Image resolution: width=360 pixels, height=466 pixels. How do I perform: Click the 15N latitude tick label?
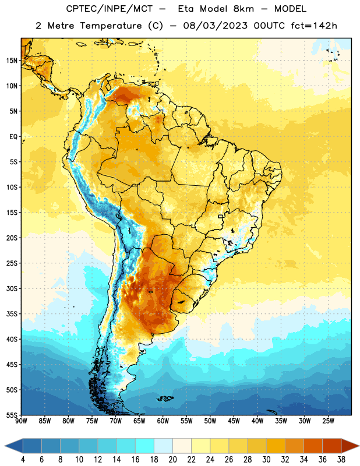pos(12,61)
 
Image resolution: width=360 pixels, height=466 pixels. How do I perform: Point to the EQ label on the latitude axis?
pos(13,137)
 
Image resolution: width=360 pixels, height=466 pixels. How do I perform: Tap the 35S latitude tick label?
pos(12,314)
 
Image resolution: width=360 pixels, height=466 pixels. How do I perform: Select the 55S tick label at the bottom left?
pos(12,415)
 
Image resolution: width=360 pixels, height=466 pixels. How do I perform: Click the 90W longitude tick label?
pos(21,421)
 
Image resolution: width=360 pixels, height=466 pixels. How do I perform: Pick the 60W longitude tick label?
pos(163,421)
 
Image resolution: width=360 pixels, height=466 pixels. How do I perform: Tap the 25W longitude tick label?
pos(328,421)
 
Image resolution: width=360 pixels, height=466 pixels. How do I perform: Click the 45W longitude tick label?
pos(234,421)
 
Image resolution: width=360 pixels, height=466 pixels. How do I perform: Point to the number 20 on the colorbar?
pos(172,460)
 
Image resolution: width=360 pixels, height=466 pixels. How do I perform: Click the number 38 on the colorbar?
pos(341,460)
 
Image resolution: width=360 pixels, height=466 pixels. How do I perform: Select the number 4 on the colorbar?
pos(23,460)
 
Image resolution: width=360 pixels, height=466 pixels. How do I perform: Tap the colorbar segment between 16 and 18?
pos(145,446)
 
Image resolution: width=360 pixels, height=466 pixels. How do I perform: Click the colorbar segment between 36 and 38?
pos(332,446)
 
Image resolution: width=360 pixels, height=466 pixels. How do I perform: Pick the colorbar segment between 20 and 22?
pos(182,446)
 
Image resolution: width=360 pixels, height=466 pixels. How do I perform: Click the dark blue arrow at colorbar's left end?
pos(13,446)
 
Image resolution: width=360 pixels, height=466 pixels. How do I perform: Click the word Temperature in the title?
pos(111,26)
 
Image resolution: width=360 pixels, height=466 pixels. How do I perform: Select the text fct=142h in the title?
pos(314,26)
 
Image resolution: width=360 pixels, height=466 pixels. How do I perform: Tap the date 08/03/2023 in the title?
pos(215,26)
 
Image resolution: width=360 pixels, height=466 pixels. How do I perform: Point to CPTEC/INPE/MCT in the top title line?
pos(110,9)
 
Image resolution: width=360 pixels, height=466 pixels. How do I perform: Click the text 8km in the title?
pos(243,9)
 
